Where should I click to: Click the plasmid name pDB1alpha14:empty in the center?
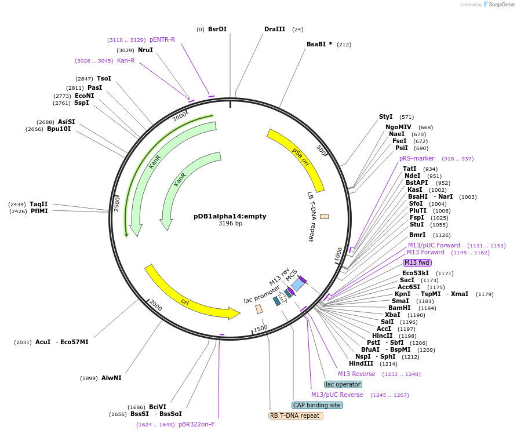[230, 216]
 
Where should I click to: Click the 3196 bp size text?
[230, 223]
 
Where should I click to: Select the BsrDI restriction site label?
[217, 29]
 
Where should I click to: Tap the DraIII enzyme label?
[275, 29]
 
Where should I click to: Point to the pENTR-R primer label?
[162, 39]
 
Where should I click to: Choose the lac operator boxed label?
[343, 384]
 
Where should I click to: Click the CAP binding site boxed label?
[317, 405]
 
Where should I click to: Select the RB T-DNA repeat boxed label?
[296, 415]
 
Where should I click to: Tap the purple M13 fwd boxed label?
[417, 262]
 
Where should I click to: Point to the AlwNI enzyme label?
[111, 378]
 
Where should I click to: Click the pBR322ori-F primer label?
[196, 425]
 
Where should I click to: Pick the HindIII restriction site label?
[361, 363]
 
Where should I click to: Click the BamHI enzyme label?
[399, 308]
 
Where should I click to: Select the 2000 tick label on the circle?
[155, 305]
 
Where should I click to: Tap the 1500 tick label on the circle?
[260, 329]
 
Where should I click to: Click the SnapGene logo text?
[501, 4]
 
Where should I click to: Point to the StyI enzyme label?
[385, 116]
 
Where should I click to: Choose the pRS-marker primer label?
[417, 159]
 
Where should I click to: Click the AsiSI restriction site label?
[66, 122]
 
